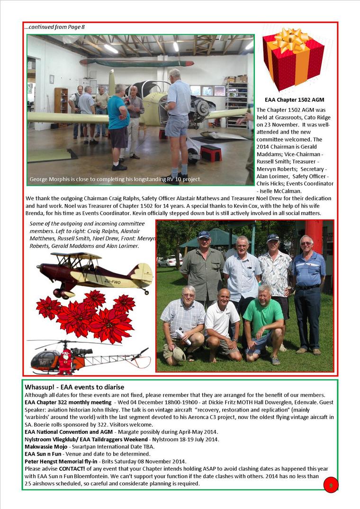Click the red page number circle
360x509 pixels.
(x=331, y=485)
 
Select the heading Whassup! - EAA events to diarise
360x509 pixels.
(x=74, y=387)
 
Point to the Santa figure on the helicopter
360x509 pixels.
(x=64, y=361)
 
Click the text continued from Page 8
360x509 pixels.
(x=54, y=27)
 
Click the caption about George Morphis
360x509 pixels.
(x=116, y=179)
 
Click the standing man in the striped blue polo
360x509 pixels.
(x=308, y=289)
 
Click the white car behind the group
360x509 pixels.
(x=169, y=260)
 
